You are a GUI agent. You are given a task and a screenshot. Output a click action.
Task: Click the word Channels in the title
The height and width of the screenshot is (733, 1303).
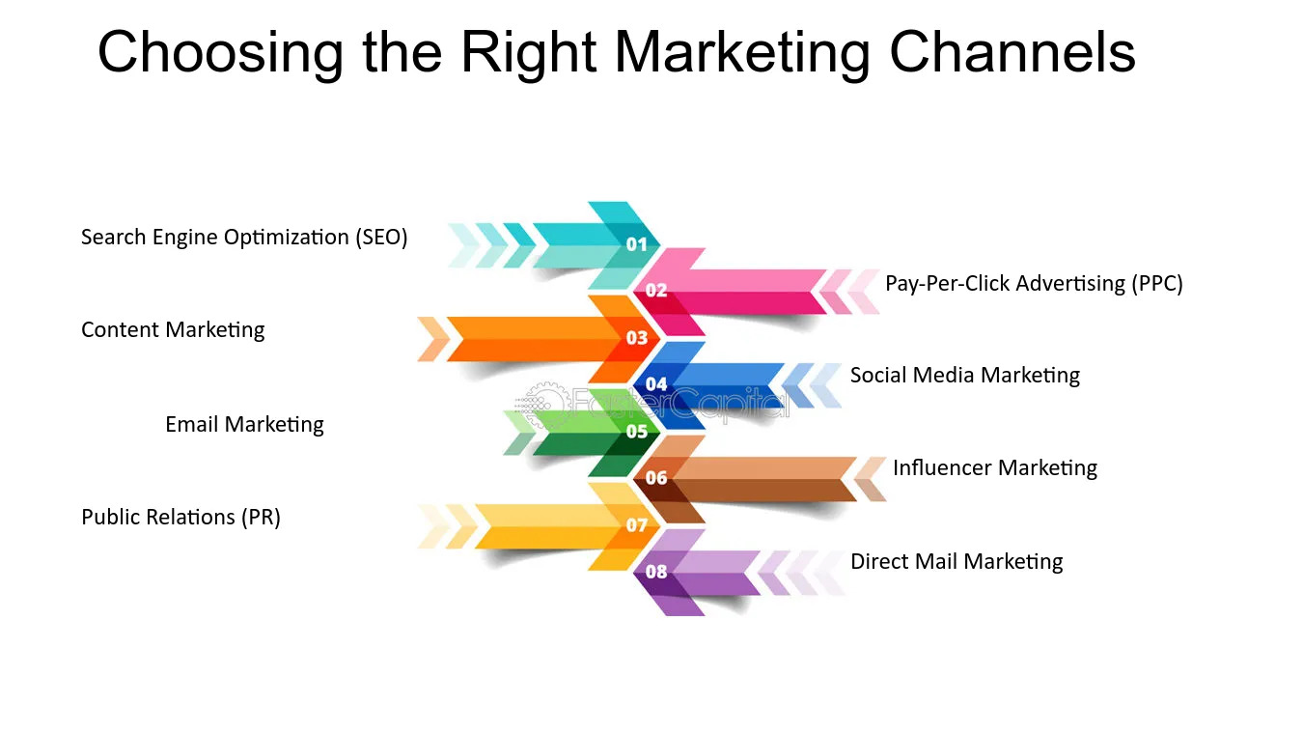pos(1012,52)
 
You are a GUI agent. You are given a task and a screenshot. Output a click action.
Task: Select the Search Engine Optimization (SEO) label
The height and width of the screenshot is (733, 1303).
pos(244,238)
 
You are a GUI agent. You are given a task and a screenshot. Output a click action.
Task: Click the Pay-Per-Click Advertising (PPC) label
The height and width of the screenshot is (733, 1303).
pos(1034,283)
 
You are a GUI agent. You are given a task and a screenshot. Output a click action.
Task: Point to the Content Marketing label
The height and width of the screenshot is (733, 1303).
pos(173,330)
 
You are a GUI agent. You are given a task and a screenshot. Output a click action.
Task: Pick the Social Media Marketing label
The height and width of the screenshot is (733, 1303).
pos(964,376)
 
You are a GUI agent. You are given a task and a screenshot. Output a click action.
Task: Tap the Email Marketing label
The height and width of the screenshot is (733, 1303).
pos(244,424)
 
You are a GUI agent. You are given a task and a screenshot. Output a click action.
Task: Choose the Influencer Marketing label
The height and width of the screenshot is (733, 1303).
pos(994,468)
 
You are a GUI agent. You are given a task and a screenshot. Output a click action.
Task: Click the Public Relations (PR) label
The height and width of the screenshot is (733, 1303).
pos(180,518)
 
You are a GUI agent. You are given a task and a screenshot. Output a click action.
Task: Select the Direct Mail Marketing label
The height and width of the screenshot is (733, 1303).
pos(956,562)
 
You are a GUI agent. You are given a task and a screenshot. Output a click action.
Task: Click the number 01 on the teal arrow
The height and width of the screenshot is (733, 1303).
pos(637,245)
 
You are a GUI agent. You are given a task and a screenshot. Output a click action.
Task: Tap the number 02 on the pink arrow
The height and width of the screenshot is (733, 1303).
pos(656,291)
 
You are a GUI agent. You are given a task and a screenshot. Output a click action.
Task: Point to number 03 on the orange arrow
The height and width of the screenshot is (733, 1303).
pos(637,338)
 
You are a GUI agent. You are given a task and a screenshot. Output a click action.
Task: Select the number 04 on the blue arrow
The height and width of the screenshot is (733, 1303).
pos(656,384)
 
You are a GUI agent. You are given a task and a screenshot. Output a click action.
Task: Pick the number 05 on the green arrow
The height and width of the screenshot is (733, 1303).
pos(637,432)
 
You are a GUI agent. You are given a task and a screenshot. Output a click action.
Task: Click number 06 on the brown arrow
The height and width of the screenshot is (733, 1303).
pos(656,478)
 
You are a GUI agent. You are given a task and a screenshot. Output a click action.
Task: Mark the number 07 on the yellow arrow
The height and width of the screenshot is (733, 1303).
pos(637,525)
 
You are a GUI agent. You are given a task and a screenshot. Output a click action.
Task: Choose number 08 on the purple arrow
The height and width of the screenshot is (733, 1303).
pos(656,572)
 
